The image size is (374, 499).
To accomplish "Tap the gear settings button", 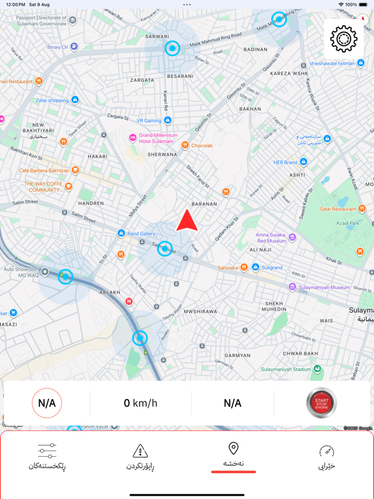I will [x=343, y=39].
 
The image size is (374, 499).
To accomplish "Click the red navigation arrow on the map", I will [x=187, y=221].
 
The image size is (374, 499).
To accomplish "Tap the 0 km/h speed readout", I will [x=140, y=403].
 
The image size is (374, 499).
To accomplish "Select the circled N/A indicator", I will [x=47, y=403].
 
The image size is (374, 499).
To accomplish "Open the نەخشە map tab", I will [x=233, y=455].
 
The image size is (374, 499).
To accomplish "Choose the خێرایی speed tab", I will [x=327, y=457].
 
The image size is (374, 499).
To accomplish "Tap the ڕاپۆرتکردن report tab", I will [x=140, y=457].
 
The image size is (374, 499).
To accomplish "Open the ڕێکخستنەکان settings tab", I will [x=47, y=457].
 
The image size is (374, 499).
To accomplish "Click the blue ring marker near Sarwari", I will [x=172, y=48].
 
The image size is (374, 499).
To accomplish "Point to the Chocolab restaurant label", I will [x=201, y=146].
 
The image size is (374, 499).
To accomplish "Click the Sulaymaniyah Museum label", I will [x=323, y=287].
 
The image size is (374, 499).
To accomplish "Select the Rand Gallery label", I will [x=141, y=233].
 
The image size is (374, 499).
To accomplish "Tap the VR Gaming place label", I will [x=149, y=121].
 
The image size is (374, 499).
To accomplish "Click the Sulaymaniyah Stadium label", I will [x=286, y=369].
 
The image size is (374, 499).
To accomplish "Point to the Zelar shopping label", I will [x=53, y=100].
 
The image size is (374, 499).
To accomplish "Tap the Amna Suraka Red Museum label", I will [x=271, y=237].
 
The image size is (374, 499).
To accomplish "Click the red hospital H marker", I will [x=129, y=301].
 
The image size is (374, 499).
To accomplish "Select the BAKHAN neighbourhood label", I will [x=250, y=109].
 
